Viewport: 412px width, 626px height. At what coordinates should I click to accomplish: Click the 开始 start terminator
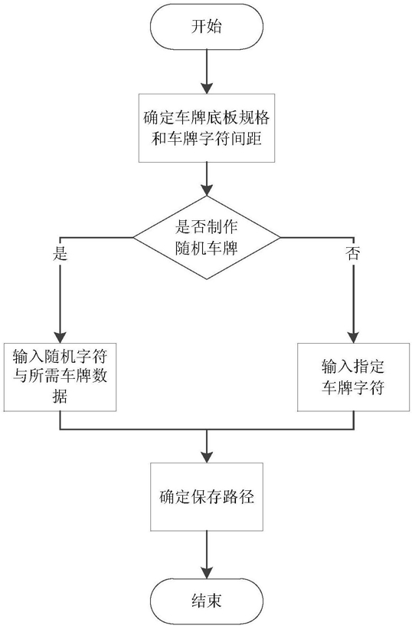click(207, 27)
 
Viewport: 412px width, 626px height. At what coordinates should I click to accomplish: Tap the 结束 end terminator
click(207, 601)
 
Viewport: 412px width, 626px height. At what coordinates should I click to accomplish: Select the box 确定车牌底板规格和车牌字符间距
click(207, 128)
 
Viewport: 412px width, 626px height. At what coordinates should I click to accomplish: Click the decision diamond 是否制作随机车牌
click(207, 238)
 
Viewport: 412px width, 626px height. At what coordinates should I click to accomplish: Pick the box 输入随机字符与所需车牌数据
click(60, 377)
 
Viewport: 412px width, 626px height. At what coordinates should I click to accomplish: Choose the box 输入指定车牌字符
click(354, 377)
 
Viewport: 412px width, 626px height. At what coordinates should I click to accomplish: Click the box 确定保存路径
click(207, 497)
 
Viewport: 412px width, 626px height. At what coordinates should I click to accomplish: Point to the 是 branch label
click(60, 253)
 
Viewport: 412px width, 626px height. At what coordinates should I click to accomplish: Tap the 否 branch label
click(353, 253)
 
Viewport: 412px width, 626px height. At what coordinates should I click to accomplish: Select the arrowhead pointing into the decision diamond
click(207, 190)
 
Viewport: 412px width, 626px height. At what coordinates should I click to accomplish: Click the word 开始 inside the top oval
click(207, 27)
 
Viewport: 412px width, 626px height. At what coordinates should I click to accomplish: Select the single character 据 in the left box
click(60, 397)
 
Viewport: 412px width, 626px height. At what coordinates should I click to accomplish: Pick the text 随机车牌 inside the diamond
click(207, 249)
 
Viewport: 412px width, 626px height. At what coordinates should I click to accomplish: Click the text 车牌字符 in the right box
click(353, 387)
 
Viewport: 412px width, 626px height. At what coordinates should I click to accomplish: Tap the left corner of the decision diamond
click(133, 238)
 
